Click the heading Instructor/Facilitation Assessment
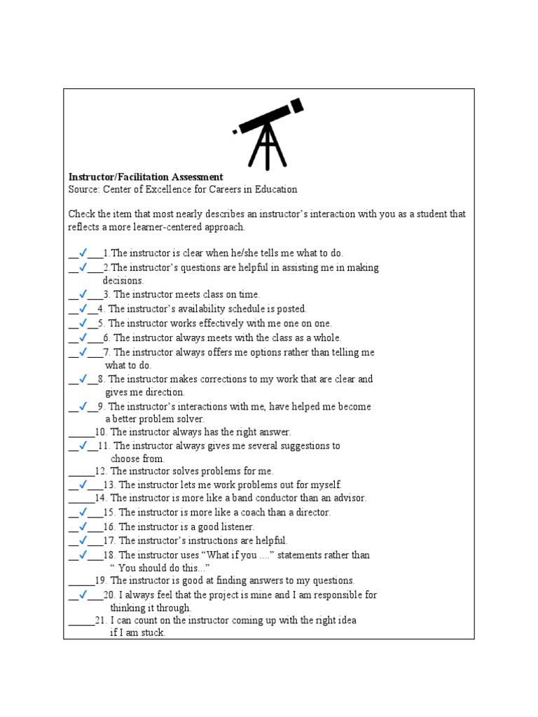coord(146,177)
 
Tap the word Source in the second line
coord(83,190)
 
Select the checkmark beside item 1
coord(82,253)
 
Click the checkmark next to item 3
coord(82,295)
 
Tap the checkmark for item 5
coord(82,323)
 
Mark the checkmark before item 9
coord(82,406)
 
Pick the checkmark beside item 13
coord(82,485)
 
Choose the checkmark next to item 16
coord(82,527)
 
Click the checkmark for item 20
coord(82,595)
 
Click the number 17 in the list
coord(109,541)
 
